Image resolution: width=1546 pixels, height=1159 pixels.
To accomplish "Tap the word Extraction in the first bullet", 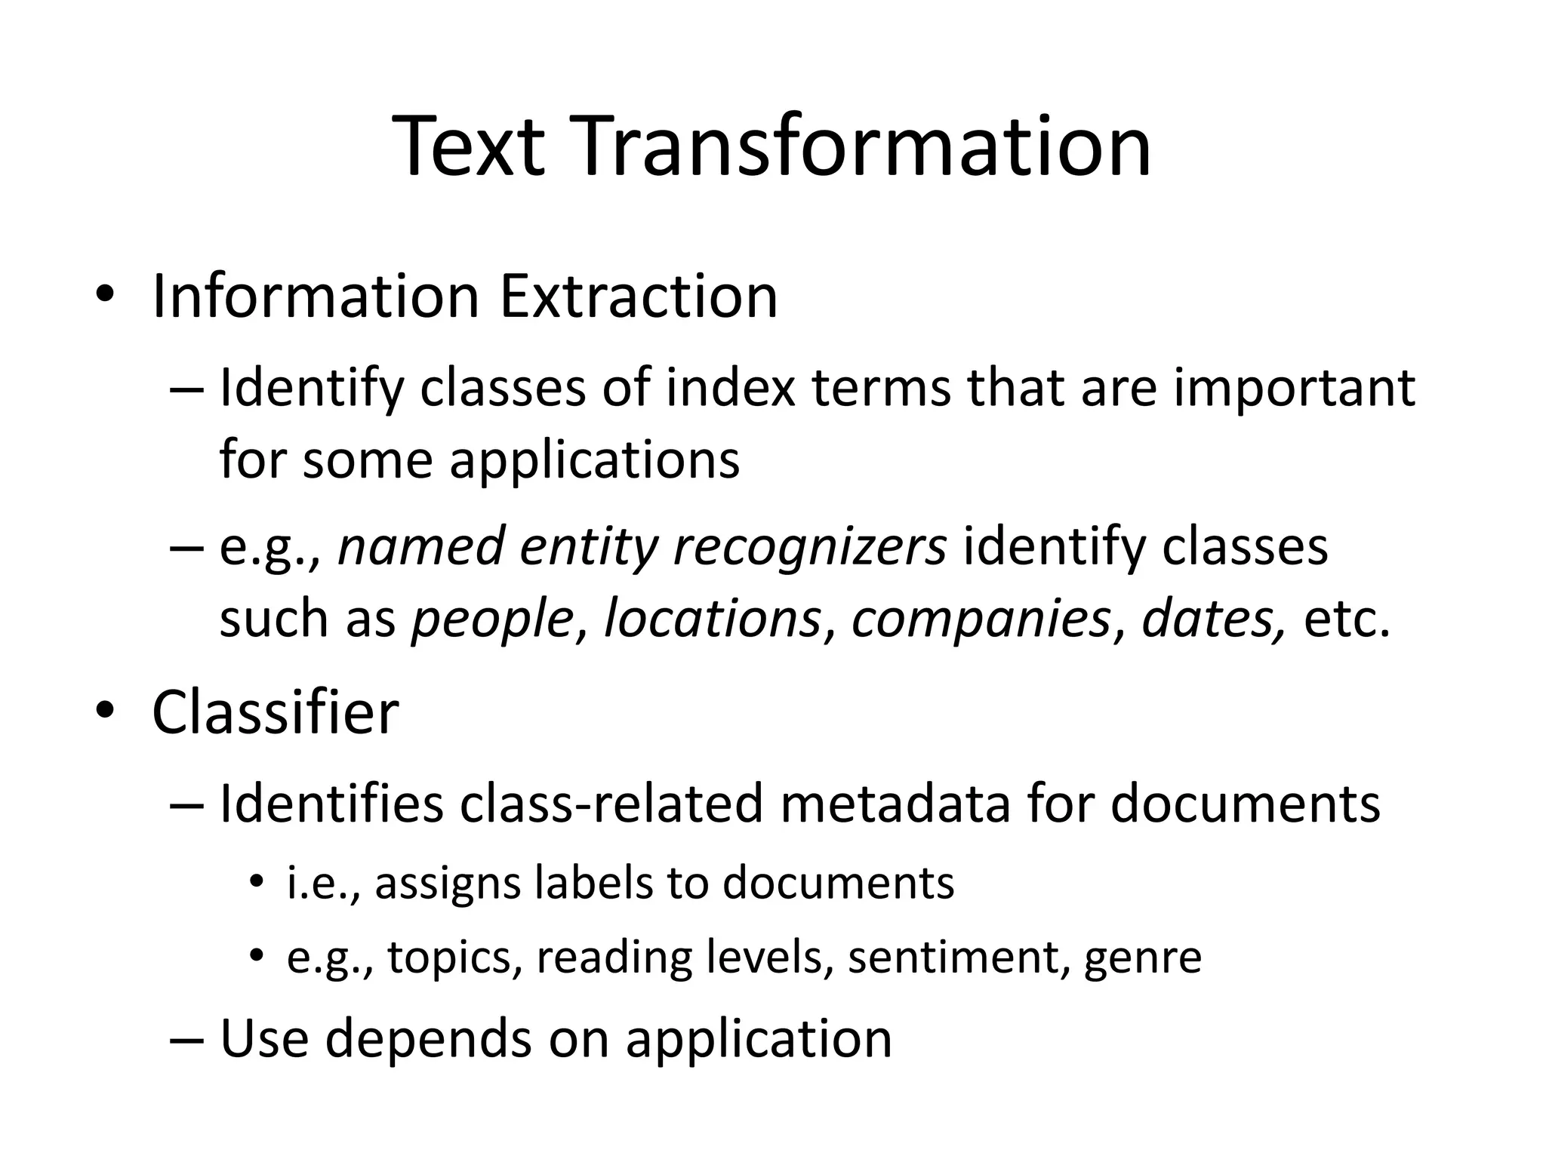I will coord(639,296).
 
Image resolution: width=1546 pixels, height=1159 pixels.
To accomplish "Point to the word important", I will coord(1294,389).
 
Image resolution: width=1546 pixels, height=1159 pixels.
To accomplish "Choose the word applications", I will coord(595,460).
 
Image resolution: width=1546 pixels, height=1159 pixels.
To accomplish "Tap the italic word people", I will coord(491,619).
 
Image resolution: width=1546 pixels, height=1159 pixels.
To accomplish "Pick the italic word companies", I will coord(981,619).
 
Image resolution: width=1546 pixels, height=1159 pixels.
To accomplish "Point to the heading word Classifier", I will coord(275,712).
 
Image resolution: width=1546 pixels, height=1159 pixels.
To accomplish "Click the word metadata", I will coord(895,803).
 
